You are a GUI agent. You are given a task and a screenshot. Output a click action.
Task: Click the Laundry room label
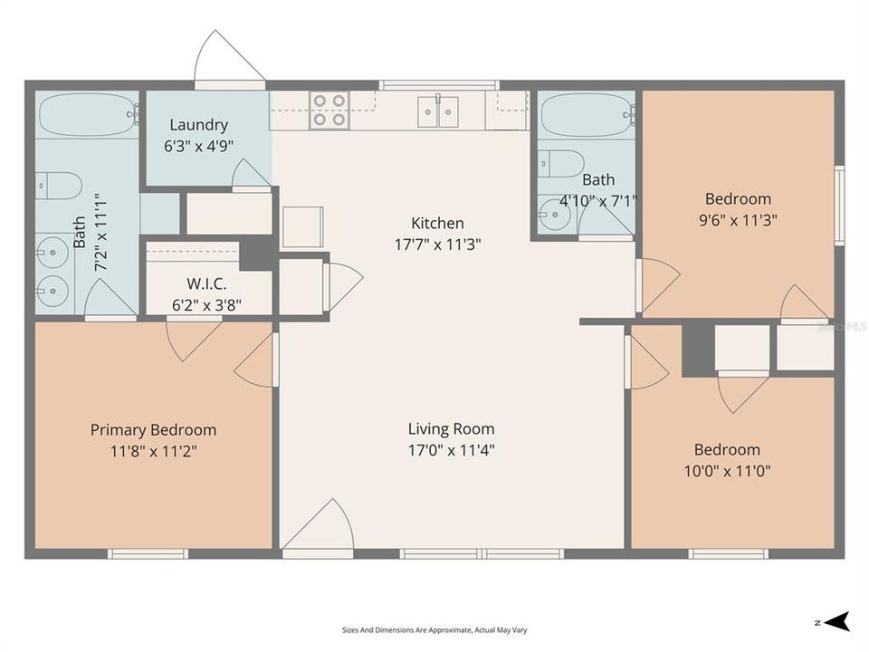click(198, 125)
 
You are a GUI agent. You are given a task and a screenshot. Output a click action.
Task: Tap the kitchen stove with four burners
click(329, 110)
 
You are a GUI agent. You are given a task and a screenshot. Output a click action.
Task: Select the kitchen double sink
click(438, 110)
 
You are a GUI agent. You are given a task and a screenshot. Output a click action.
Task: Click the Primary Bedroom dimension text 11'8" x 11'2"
click(154, 451)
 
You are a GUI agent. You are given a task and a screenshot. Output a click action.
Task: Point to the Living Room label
click(451, 428)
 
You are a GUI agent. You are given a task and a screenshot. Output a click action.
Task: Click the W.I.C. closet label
click(206, 283)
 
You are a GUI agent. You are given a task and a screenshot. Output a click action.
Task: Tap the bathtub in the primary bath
click(88, 114)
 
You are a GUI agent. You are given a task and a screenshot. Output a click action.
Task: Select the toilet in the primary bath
click(59, 186)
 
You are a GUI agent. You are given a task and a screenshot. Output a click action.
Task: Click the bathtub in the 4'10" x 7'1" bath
click(587, 114)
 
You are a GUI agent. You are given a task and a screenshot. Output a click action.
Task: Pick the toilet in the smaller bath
click(561, 164)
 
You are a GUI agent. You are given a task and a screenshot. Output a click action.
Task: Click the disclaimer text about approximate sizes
click(434, 630)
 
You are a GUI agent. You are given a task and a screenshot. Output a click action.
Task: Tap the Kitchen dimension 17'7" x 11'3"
click(437, 244)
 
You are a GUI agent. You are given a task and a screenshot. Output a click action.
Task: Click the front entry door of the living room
click(318, 524)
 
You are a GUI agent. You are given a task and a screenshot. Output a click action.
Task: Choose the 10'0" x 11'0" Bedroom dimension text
click(727, 471)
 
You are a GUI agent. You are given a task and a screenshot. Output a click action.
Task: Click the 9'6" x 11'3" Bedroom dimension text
click(738, 220)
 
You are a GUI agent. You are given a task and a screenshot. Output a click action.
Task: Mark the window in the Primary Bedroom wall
click(148, 553)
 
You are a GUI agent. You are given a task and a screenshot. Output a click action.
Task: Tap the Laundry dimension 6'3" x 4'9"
click(198, 147)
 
